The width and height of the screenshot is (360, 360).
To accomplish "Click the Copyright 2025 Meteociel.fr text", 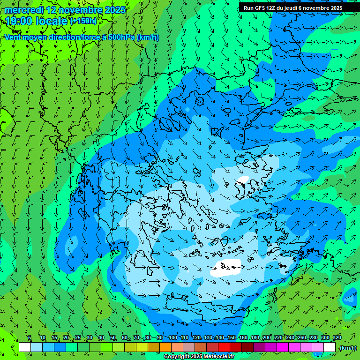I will [199, 357].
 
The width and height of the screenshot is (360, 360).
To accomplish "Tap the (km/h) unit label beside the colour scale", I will [347, 348].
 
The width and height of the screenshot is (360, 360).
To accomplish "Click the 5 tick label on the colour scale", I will [30, 337].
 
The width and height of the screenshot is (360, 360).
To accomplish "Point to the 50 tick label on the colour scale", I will [113, 337].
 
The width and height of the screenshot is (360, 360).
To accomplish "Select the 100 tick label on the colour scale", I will [173, 337].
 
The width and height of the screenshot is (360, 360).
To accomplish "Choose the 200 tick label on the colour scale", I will [267, 337].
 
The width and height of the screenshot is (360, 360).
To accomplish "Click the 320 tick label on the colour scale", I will [337, 337].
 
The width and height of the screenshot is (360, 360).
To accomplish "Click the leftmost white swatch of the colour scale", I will [25, 347].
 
